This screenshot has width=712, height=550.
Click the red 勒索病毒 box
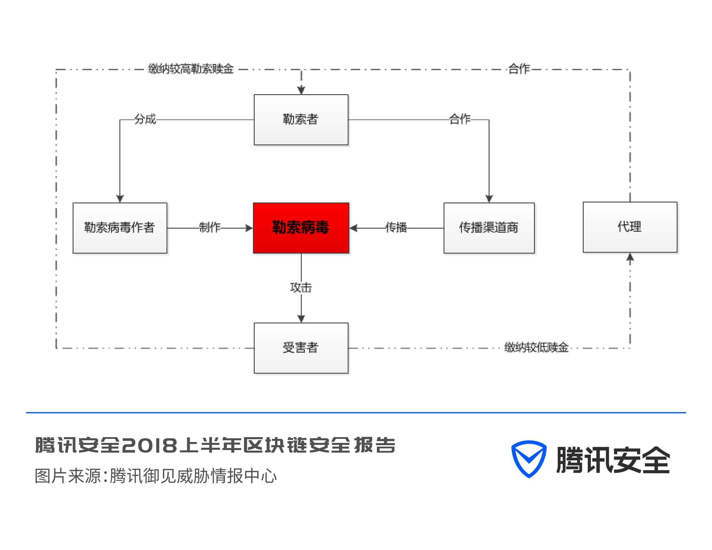301,228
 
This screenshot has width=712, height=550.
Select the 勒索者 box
301,119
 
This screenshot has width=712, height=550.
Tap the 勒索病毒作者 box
120,228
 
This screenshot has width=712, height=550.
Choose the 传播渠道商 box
489,228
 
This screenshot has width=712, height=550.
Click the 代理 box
630,227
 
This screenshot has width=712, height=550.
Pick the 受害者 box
301,348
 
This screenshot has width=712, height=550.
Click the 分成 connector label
145,119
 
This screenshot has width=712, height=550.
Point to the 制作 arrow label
210,227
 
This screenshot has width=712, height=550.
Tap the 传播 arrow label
396,227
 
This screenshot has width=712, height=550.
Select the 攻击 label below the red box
301,287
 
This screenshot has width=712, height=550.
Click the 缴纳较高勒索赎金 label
191,69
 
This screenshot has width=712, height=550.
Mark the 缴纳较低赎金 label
536,348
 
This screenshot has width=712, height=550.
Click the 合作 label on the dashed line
519,69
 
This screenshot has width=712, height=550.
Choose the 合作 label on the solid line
460,119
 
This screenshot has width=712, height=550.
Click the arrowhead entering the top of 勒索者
301,90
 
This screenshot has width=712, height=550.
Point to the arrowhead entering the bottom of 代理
630,257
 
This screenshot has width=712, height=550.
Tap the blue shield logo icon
529,459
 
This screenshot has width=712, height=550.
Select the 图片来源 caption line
156,476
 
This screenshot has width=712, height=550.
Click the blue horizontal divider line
356,413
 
